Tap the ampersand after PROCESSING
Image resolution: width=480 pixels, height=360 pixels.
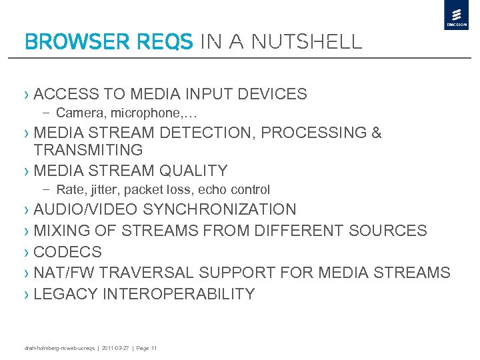[x=377, y=133]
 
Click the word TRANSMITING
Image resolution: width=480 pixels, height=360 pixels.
[x=88, y=150]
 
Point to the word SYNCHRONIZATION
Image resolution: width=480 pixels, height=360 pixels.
[x=219, y=209]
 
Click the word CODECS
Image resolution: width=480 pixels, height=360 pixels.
[x=67, y=252]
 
